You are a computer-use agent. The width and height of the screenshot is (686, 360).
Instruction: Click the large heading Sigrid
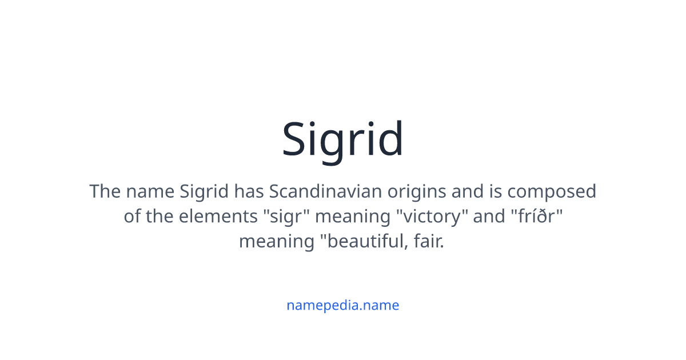pyautogui.click(x=343, y=140)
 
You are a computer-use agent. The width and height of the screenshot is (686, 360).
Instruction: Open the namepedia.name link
pyautogui.click(x=343, y=305)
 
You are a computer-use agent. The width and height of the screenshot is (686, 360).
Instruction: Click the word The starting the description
pyautogui.click(x=105, y=191)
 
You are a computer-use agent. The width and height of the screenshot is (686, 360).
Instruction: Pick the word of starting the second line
pyautogui.click(x=132, y=217)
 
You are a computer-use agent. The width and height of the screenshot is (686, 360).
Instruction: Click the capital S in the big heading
pyautogui.click(x=296, y=140)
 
